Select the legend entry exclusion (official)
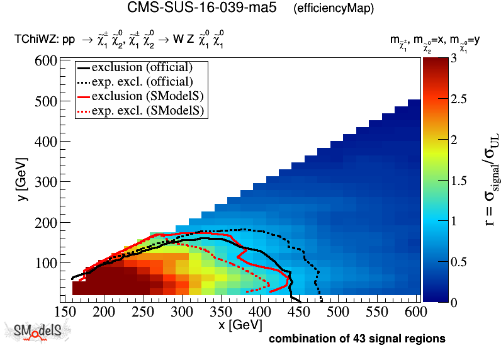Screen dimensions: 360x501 pyautogui.click(x=142, y=67)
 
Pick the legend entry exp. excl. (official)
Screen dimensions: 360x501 pyautogui.click(x=142, y=81)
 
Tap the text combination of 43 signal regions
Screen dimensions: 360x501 pyautogui.click(x=357, y=339)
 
